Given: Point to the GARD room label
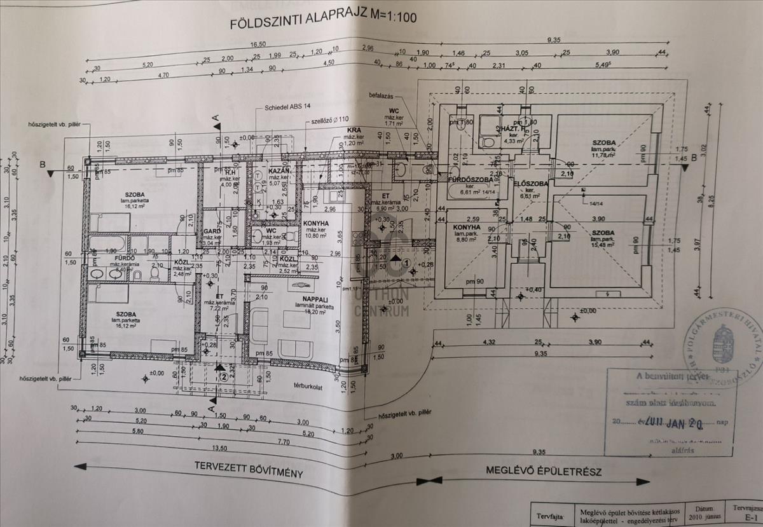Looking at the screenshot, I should (212, 233).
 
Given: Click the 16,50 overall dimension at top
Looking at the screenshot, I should (257, 45).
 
